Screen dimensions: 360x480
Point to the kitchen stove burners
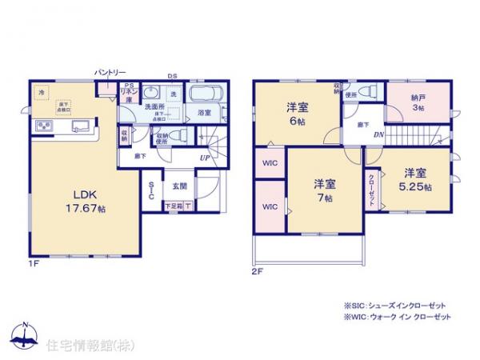tap(43, 126)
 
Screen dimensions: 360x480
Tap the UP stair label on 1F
tap(205, 158)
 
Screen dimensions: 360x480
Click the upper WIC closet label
tap(270, 165)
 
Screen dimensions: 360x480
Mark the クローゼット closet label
tap(373, 189)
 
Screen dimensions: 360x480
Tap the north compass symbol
tap(26, 336)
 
